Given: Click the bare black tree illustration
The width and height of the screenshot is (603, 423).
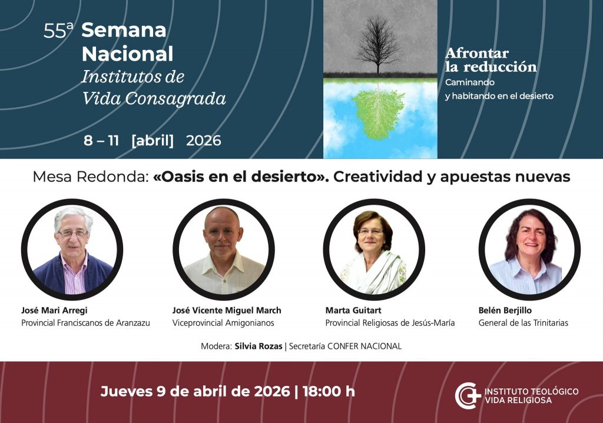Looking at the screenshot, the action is [378, 44].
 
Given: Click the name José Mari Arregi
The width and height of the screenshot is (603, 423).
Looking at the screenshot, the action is [54, 311].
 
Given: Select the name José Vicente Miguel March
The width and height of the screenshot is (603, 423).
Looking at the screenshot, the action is [227, 311].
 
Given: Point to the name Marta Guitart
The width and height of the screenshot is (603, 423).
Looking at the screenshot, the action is [353, 311].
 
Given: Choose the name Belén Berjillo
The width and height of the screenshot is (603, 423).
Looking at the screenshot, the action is [505, 311].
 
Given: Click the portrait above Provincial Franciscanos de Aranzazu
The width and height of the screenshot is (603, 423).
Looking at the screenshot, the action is [72, 249].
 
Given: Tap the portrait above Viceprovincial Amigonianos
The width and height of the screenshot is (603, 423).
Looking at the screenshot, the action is [223, 249].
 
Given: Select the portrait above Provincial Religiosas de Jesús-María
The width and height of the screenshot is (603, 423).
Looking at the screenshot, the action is [374, 249].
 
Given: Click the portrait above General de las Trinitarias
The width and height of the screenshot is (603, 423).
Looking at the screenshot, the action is [529, 249].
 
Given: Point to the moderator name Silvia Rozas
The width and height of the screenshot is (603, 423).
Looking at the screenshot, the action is [259, 346].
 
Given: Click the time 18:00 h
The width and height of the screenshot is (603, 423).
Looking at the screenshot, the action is [329, 391].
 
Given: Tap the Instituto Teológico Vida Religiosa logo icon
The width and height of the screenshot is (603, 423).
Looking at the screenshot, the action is [468, 396].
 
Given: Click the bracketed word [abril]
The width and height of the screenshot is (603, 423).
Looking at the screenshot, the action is [153, 141].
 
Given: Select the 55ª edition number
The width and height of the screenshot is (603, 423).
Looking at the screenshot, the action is [58, 31].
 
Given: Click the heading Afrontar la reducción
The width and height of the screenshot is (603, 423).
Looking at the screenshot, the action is [491, 60].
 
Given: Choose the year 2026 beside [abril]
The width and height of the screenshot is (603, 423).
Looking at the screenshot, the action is [203, 141].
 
